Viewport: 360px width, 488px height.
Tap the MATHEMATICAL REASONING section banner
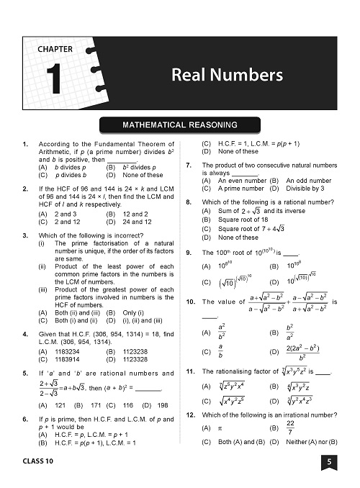pyautogui.click(x=180, y=124)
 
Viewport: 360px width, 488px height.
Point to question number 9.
pyautogui.click(x=188, y=253)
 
